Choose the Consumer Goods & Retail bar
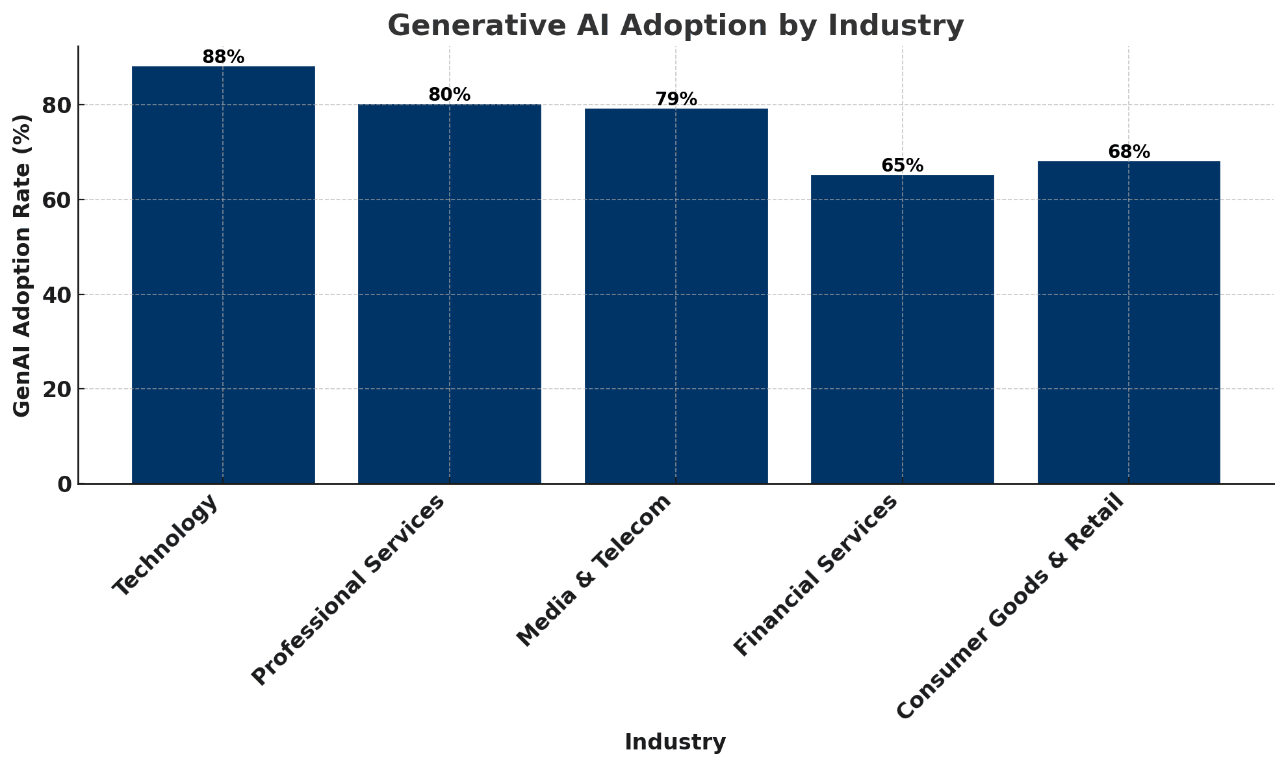point(1128,322)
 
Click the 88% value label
point(223,57)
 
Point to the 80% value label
point(449,95)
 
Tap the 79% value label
point(676,99)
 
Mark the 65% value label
point(902,166)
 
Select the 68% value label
point(1128,152)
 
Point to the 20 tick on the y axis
point(57,389)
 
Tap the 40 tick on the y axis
point(57,294)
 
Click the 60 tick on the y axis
point(57,200)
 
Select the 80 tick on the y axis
point(57,105)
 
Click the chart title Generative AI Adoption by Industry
point(675,26)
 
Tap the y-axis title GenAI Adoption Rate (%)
point(22,265)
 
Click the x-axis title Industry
point(675,742)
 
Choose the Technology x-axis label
point(166,545)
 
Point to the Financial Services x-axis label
point(816,575)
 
